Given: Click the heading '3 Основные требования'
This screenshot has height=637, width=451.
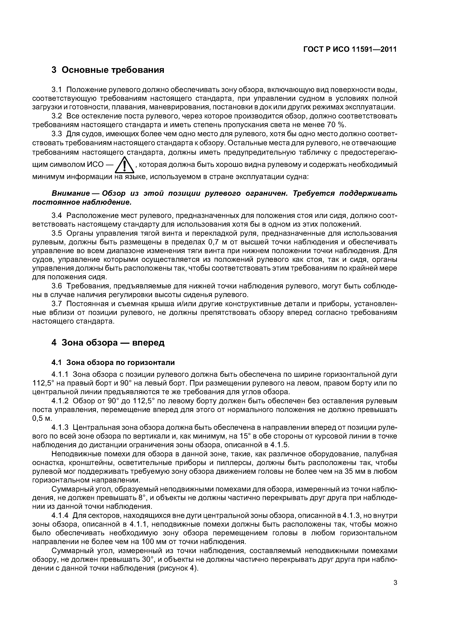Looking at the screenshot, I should tap(108, 70).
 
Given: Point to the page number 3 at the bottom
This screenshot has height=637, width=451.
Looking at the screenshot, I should tap(395, 590).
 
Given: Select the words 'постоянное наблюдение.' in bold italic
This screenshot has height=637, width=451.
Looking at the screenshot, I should tap(81, 202).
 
